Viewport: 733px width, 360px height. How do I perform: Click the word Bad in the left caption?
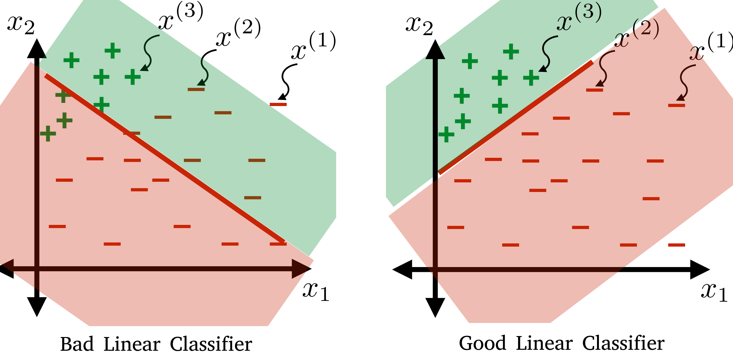[77, 344]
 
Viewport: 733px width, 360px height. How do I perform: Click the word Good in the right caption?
[482, 343]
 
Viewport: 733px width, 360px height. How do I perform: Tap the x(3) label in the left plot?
[181, 18]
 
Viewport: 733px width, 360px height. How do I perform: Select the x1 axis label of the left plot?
[315, 291]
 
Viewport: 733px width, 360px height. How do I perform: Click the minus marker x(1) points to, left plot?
[278, 104]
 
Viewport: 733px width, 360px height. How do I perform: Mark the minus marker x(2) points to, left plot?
[196, 89]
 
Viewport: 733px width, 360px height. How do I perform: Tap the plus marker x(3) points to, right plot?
[531, 78]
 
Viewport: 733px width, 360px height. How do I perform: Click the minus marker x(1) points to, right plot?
[676, 105]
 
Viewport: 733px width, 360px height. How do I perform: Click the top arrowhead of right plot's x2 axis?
[435, 50]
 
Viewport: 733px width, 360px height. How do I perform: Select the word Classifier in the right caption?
[623, 343]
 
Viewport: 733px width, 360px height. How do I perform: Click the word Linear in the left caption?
[132, 344]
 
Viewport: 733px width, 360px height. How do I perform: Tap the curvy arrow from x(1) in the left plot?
[286, 81]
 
